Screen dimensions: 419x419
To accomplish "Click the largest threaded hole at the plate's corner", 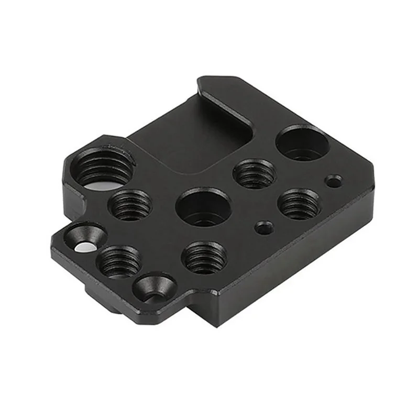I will [103, 169].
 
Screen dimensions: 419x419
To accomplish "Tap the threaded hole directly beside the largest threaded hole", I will [130, 204].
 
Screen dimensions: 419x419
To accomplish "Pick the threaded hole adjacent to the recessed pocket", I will [255, 173].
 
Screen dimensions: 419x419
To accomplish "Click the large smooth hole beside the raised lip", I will [302, 142].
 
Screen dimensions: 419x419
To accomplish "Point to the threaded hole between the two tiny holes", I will [299, 204].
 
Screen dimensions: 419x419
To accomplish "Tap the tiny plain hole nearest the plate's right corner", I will [333, 181].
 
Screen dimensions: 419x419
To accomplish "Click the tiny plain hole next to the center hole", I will [263, 227].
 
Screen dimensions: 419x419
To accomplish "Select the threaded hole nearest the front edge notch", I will [204, 257].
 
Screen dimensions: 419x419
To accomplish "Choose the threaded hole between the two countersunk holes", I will [119, 261].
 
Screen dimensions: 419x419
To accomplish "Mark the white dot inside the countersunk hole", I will [82, 247].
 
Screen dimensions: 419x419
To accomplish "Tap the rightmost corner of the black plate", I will [373, 169].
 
